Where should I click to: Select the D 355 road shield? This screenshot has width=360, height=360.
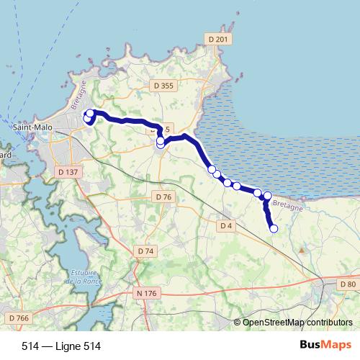click(x=164, y=86)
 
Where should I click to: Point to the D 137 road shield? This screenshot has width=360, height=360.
click(x=66, y=172)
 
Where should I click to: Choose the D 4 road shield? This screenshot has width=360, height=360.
click(x=227, y=225)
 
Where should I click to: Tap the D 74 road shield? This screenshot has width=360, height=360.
click(x=145, y=251)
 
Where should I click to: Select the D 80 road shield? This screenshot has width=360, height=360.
click(x=347, y=284)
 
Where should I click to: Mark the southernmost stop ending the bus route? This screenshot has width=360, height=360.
click(x=274, y=229)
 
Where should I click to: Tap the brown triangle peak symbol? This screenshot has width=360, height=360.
click(x=301, y=249)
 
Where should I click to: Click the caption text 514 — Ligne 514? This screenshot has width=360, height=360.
click(x=61, y=346)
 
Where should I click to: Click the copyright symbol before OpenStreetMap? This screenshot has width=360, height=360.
click(x=238, y=323)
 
